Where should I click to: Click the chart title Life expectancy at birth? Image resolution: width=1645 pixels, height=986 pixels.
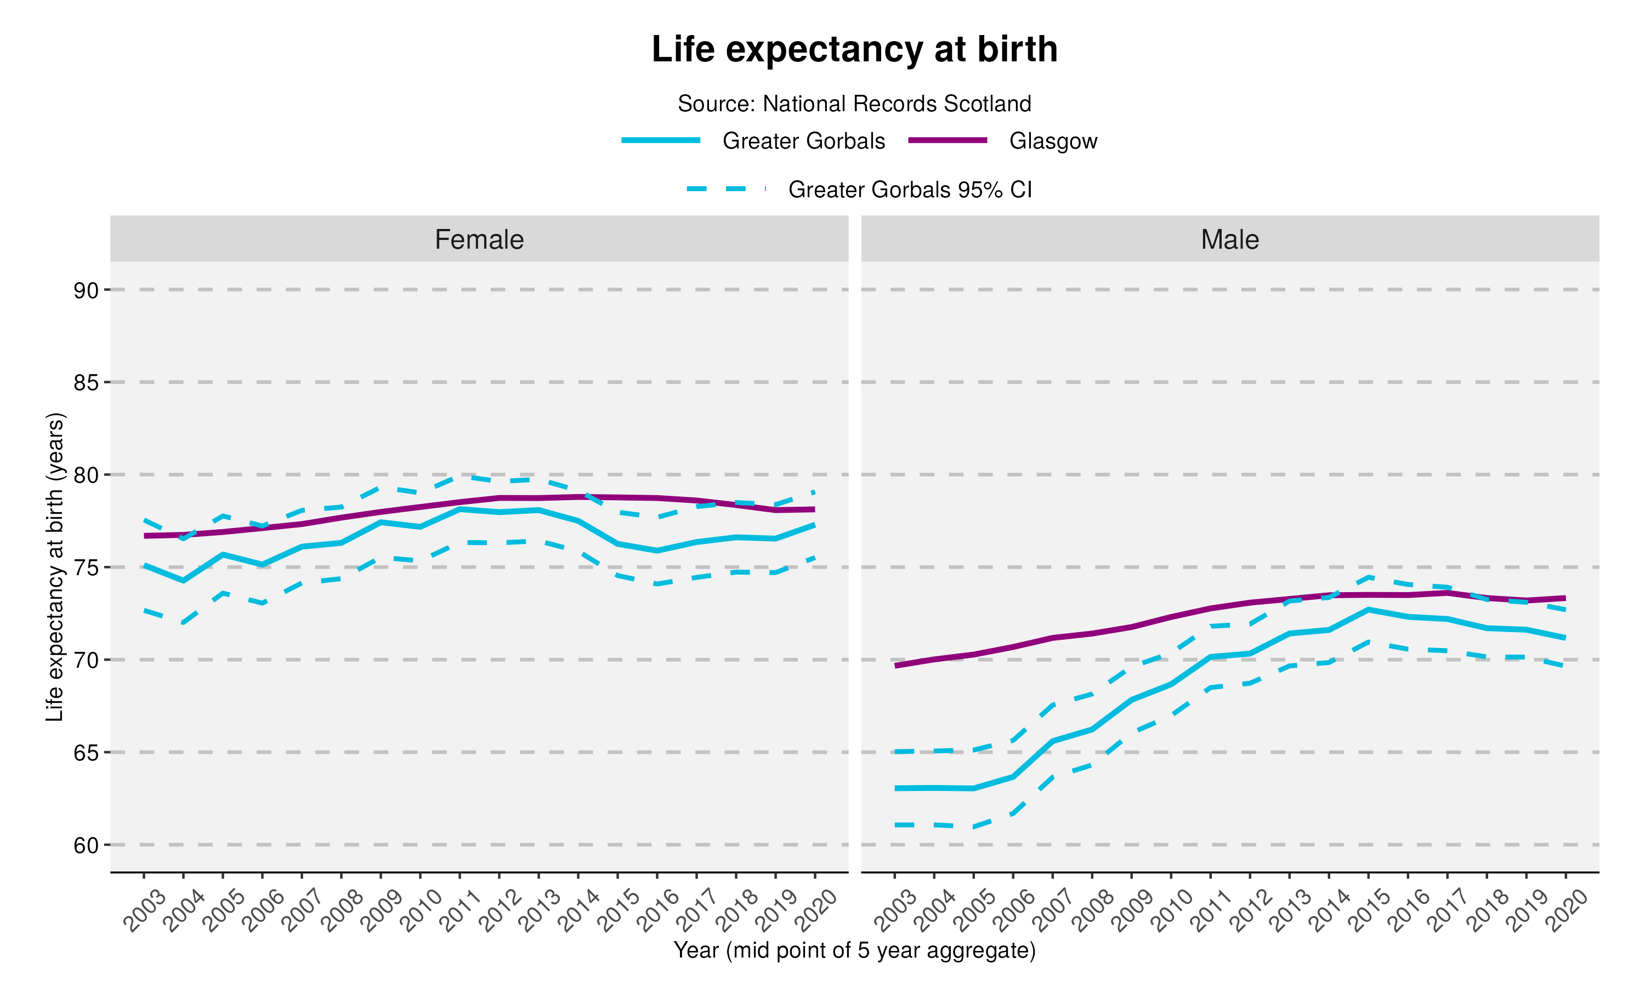click(x=854, y=50)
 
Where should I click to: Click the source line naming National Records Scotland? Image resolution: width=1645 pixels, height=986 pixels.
click(x=854, y=104)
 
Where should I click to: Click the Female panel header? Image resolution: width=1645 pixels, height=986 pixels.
click(x=479, y=239)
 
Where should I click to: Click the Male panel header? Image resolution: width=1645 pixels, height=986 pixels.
click(x=1229, y=239)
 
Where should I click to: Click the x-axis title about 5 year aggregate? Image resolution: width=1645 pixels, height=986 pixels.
click(x=854, y=950)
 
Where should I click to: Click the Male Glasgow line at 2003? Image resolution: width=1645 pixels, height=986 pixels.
click(x=895, y=665)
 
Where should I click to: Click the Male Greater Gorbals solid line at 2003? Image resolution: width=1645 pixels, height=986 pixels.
click(x=895, y=788)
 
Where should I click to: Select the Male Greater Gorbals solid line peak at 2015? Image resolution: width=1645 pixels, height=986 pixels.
click(x=1369, y=609)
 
